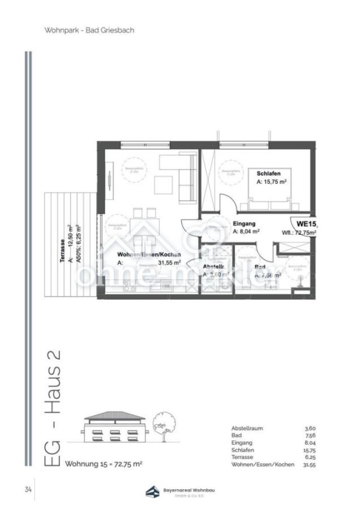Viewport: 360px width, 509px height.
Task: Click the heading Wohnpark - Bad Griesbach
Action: click(89, 30)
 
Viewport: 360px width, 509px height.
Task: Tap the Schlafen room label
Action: click(269, 173)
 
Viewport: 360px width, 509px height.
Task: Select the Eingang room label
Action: click(245, 223)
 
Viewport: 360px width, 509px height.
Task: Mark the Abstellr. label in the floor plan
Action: click(215, 266)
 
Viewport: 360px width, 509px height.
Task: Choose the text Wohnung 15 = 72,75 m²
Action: click(104, 464)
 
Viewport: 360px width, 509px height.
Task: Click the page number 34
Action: click(28, 489)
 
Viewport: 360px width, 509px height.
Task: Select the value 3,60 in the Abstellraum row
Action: click(310, 429)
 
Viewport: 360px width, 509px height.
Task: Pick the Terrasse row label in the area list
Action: click(242, 457)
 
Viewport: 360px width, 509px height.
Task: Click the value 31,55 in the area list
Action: click(308, 464)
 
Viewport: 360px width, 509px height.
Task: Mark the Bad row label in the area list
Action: click(236, 436)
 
